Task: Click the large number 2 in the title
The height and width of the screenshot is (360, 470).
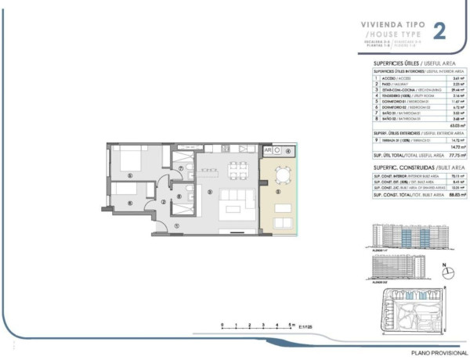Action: [440, 31]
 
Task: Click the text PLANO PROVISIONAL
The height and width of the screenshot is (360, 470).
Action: [438, 355]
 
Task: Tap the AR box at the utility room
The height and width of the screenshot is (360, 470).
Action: [267, 150]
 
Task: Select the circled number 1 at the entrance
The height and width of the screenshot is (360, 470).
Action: [177, 226]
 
